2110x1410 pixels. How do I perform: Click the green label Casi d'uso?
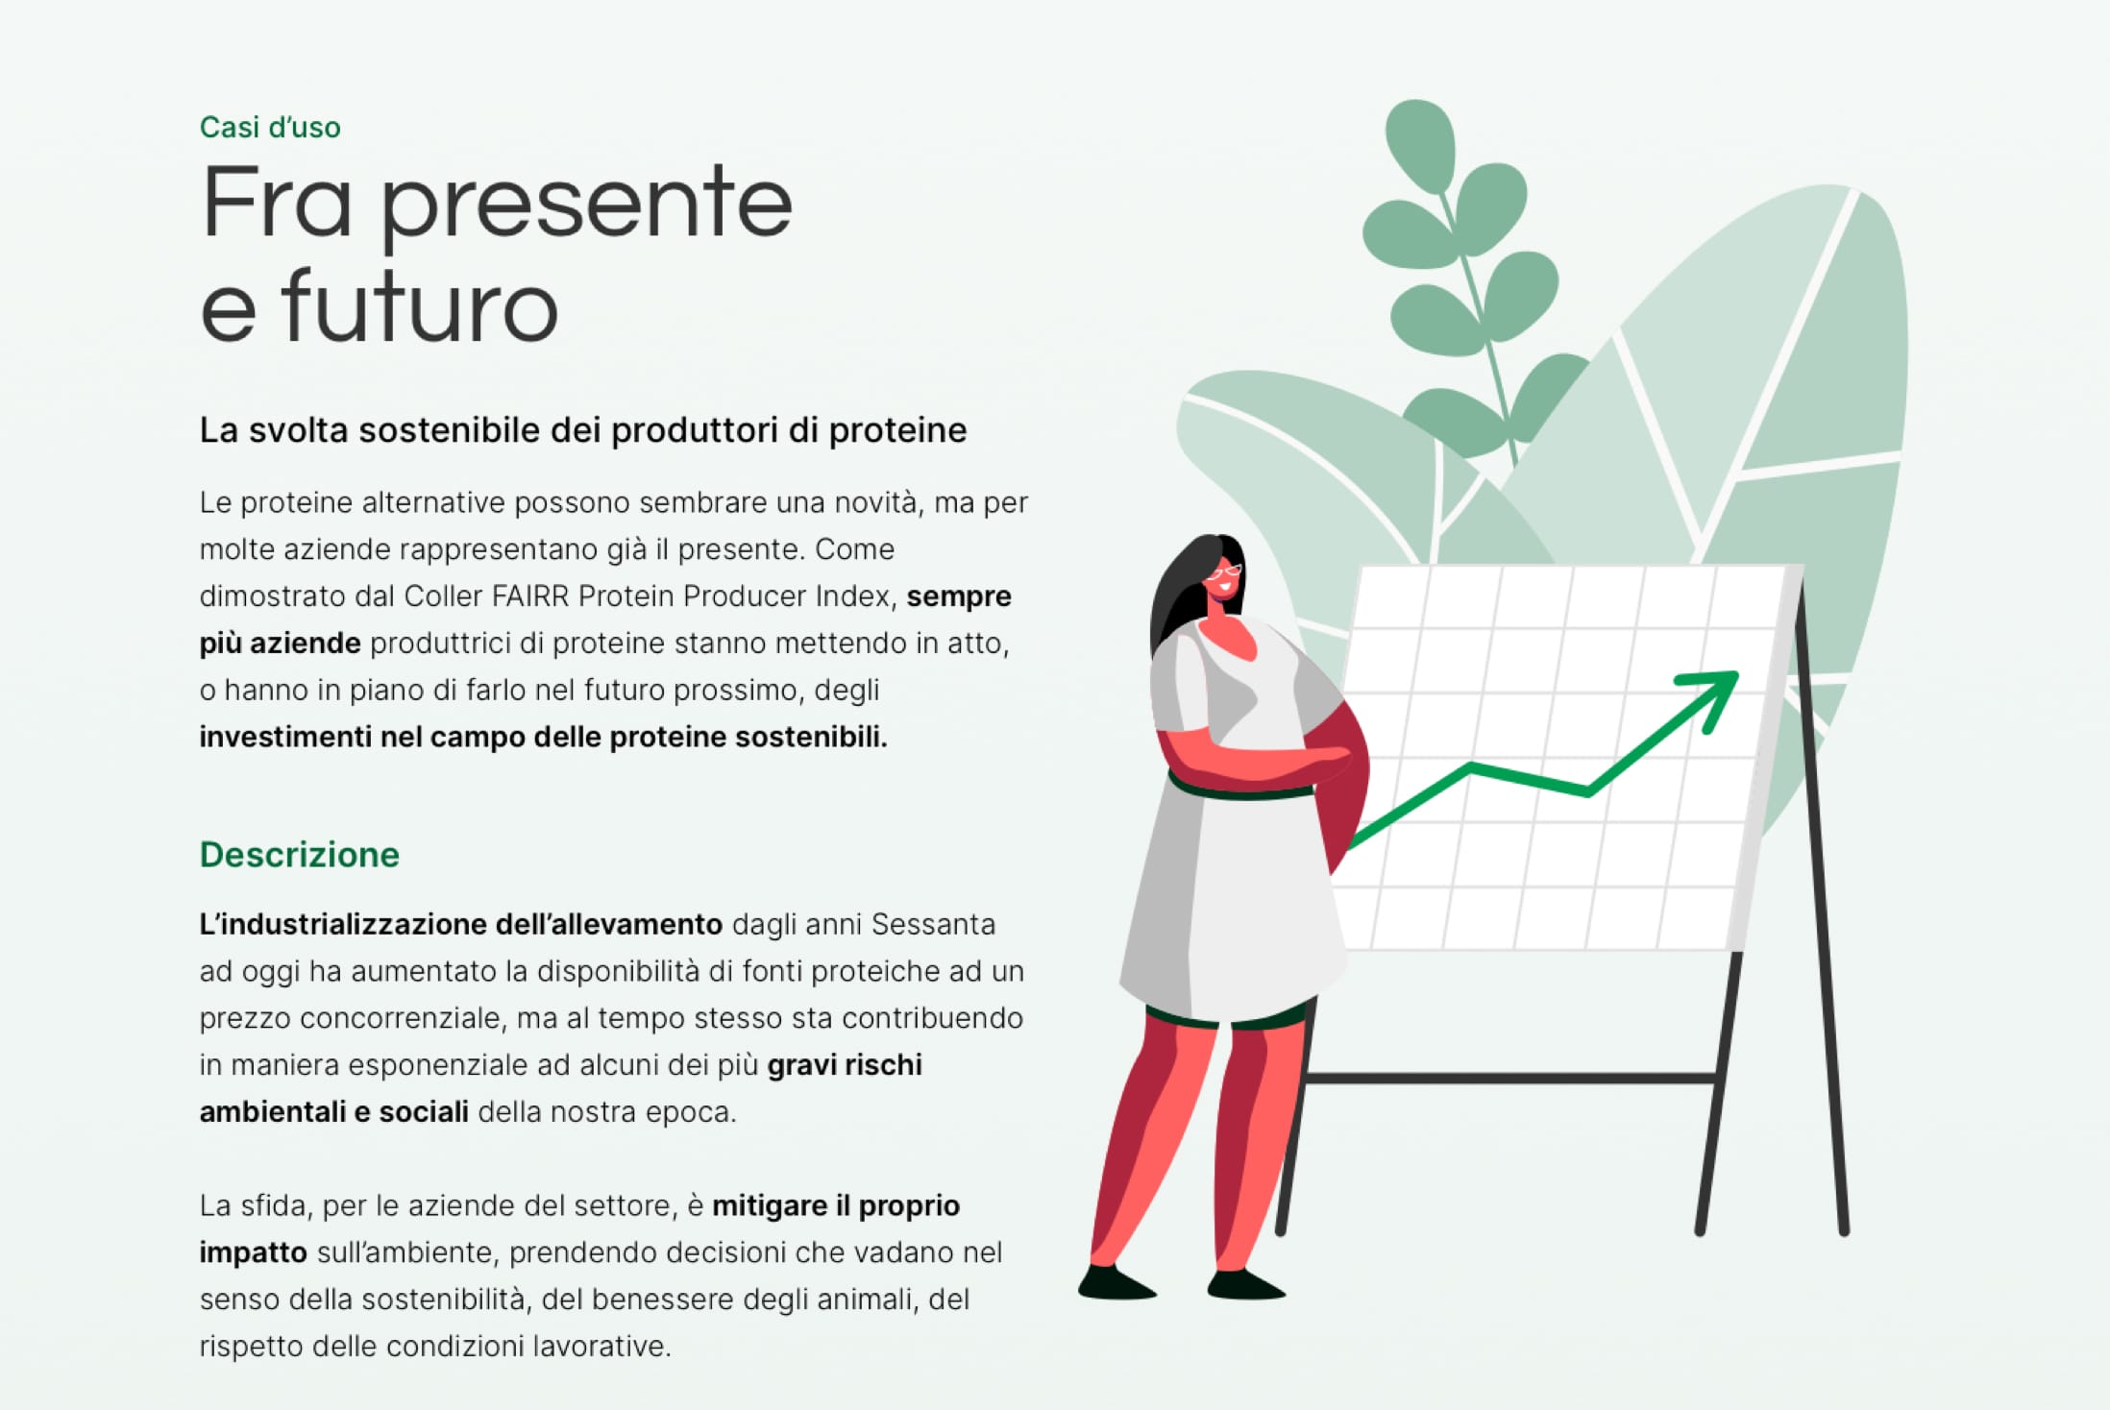tap(270, 128)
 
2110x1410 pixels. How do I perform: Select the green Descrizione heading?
tap(300, 855)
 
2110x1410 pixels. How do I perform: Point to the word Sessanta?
tap(933, 924)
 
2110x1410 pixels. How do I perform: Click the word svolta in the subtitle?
tap(298, 430)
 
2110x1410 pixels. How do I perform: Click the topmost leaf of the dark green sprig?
tap(1420, 144)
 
